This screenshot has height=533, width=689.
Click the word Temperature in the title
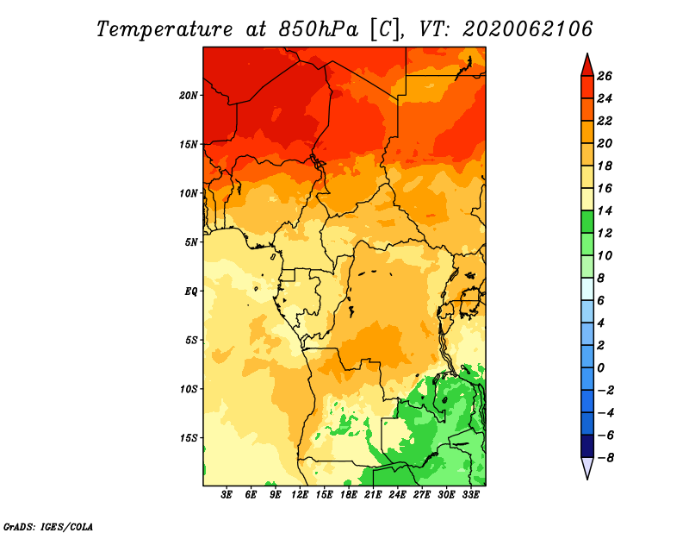tap(164, 30)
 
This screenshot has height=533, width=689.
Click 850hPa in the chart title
tap(318, 29)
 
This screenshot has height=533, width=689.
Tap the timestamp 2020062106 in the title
tap(527, 29)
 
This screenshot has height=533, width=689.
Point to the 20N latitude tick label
tap(189, 96)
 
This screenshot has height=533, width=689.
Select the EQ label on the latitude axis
tap(191, 292)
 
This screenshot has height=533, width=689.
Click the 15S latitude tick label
tap(189, 438)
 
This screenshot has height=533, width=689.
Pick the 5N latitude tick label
tap(191, 242)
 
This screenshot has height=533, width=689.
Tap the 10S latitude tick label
tap(189, 389)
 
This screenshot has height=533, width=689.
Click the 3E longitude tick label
tap(227, 495)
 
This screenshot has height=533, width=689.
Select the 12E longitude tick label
tap(300, 495)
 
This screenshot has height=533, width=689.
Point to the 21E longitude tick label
tap(373, 495)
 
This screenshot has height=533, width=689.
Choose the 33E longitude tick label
tap(470, 495)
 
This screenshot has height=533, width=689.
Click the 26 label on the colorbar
tap(605, 76)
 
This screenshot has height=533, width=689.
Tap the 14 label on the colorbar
tap(605, 210)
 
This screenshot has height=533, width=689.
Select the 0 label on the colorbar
tap(600, 368)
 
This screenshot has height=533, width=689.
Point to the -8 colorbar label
tap(605, 458)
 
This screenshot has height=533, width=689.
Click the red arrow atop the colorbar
tap(587, 66)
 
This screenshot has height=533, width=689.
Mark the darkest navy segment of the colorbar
tap(587, 446)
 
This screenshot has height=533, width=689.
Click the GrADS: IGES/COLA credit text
tap(48, 526)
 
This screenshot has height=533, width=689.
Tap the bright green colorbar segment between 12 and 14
tap(587, 222)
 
